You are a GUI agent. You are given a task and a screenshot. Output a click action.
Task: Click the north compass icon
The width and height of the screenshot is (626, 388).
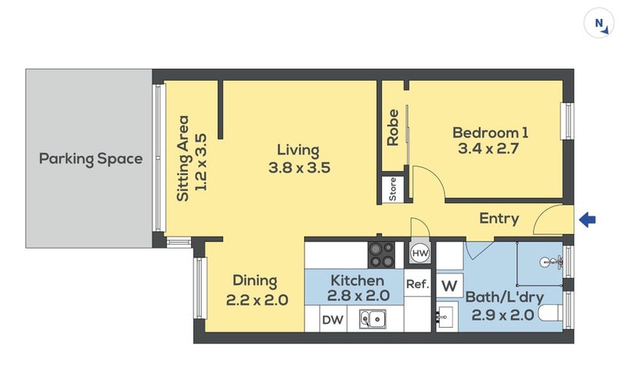599,24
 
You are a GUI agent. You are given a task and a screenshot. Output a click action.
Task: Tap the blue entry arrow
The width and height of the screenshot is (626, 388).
588,219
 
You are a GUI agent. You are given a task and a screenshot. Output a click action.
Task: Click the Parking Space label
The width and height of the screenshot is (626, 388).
91,159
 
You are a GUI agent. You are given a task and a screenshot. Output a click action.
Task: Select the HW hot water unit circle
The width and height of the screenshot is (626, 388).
420,253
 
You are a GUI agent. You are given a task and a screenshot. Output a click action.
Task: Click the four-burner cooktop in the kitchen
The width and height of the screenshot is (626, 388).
381,256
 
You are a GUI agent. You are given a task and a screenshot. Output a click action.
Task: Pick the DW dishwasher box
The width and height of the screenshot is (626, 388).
333,319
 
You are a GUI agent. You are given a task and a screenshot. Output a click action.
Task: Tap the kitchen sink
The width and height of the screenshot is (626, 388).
372,319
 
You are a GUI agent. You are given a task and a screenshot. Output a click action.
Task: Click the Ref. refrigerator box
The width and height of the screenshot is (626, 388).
418,283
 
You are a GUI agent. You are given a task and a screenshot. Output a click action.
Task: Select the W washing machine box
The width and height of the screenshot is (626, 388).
449,285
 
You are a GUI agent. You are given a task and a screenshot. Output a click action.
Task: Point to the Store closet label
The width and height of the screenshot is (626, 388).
393,189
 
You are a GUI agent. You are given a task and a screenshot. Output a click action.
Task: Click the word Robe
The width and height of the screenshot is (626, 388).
393,127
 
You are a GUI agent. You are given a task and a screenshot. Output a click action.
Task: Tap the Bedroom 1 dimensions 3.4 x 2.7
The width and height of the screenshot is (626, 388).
488,149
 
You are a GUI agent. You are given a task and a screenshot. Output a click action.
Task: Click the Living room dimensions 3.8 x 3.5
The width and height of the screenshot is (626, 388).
300,167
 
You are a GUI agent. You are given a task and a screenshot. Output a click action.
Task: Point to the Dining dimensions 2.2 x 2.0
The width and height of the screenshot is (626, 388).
257,299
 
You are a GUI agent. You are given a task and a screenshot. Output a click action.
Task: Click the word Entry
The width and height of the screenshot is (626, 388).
499,219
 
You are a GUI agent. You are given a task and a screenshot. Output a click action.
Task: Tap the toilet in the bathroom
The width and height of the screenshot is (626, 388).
551,314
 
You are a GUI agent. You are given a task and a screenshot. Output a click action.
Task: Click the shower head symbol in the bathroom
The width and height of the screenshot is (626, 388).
552,263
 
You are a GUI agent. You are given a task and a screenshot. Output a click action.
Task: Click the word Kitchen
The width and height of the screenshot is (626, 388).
358,280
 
